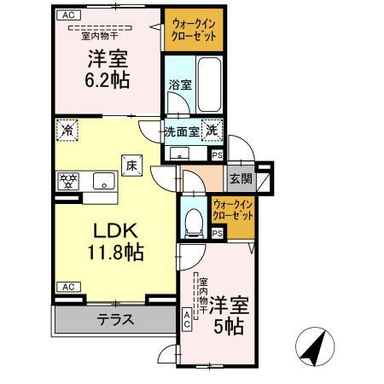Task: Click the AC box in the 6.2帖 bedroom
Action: tap(68, 15)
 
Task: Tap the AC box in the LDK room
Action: tap(68, 287)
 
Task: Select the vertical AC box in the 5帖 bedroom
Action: tap(187, 319)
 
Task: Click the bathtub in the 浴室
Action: tap(209, 84)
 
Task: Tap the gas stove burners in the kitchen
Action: tap(68, 182)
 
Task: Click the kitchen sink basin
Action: tap(104, 181)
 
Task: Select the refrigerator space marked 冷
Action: tap(67, 131)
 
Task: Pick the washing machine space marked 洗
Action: tap(212, 131)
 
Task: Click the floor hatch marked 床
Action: tap(132, 166)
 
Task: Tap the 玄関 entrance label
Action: tap(241, 179)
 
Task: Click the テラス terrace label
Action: tap(115, 320)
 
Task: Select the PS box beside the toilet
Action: tap(218, 234)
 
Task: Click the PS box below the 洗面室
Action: tap(218, 155)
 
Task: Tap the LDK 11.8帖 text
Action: tap(115, 242)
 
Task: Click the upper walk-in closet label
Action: tap(194, 30)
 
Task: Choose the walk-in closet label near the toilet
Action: tap(233, 210)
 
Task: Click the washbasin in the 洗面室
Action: tap(179, 154)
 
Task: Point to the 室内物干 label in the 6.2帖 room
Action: tap(100, 36)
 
